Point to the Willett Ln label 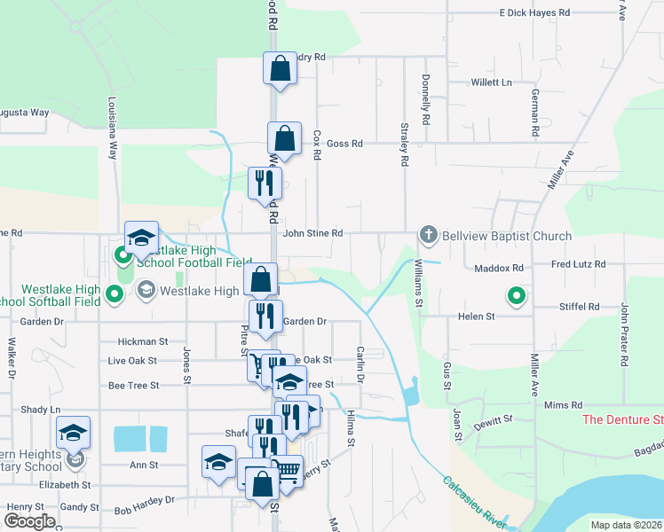(x=492, y=82)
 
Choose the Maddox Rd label (x=499, y=267)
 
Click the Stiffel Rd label (x=581, y=307)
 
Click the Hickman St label (x=143, y=341)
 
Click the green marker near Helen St (x=515, y=295)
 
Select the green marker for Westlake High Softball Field (x=114, y=293)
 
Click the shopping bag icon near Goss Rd (x=284, y=139)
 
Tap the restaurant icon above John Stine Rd (x=265, y=184)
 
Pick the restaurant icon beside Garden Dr (x=265, y=317)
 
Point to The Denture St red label (x=622, y=419)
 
